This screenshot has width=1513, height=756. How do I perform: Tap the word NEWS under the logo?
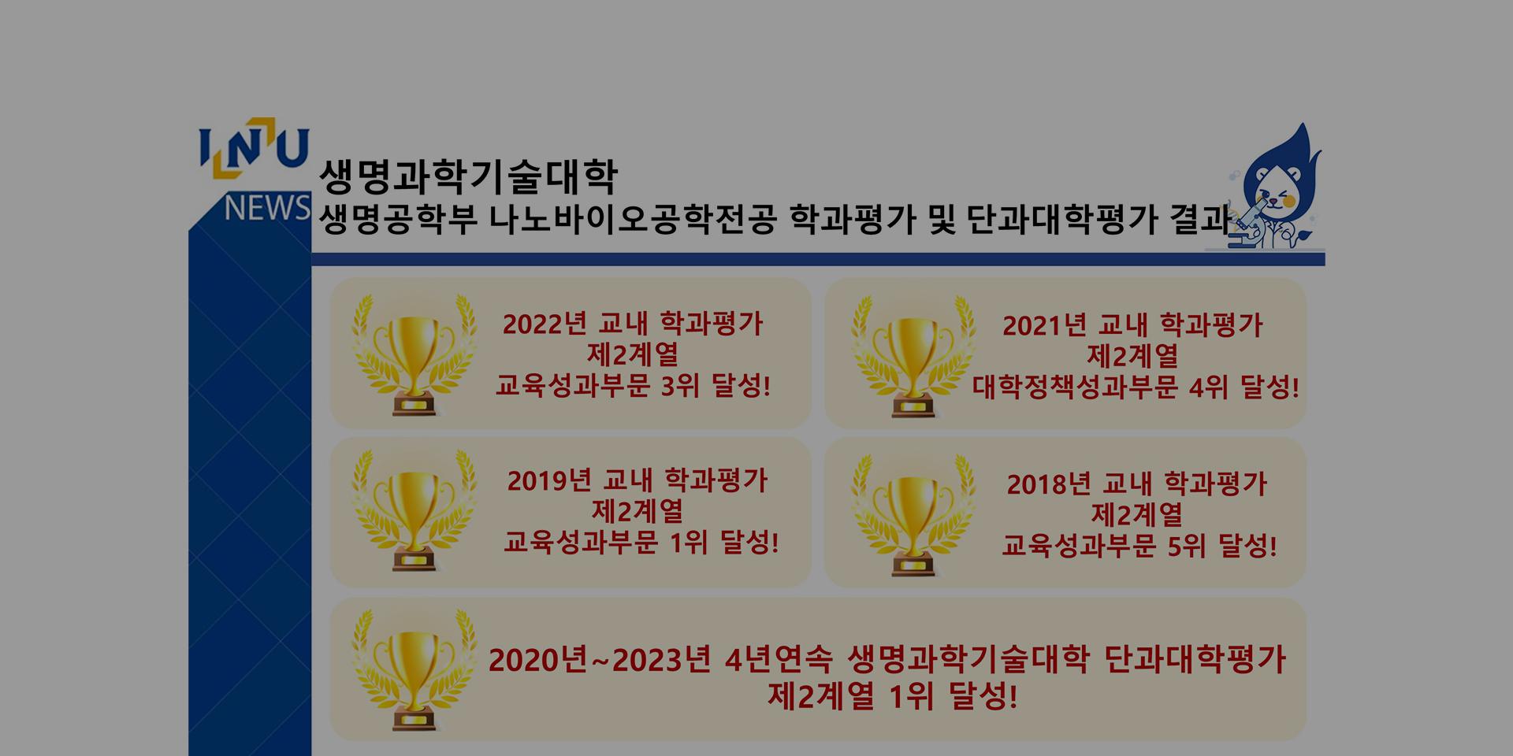267,209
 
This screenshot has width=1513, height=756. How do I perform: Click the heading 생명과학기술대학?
469,176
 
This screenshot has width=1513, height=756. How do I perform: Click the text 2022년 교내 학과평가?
633,324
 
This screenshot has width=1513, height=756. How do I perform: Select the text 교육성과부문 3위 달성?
633,386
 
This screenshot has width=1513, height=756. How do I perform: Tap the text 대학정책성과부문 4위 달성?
1136,387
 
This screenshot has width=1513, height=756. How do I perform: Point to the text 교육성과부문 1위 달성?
641,543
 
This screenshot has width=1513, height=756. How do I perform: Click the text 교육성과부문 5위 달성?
1139,545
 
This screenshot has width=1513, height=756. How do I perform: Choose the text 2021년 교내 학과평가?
1132,325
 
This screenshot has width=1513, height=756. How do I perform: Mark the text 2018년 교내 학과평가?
1136,484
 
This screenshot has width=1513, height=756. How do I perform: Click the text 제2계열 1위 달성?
893,696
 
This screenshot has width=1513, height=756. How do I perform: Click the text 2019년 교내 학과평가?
637,480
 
